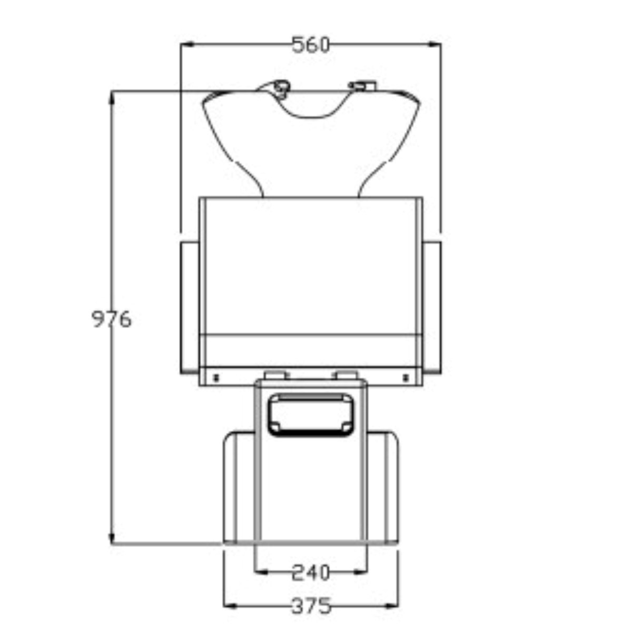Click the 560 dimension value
coord(311,45)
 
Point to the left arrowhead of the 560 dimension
coord(187,44)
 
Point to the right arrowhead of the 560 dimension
coord(434,44)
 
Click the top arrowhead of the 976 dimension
coord(111,98)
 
